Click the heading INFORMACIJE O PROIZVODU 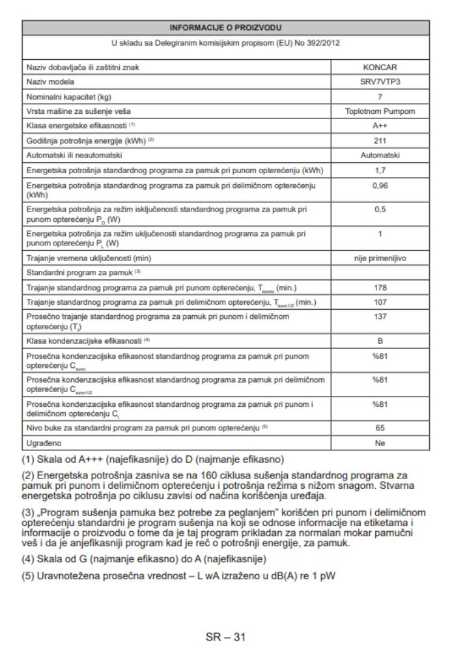(x=225, y=28)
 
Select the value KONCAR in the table (x=380, y=67)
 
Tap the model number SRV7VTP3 (x=380, y=81)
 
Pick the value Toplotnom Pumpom (x=380, y=111)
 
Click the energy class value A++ (x=380, y=126)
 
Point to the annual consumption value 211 (x=380, y=141)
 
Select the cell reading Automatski (x=380, y=156)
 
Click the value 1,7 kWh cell (x=380, y=171)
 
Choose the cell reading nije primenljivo (x=380, y=258)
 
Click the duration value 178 (x=380, y=287)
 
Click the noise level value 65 (x=380, y=428)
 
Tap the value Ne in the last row (x=380, y=443)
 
